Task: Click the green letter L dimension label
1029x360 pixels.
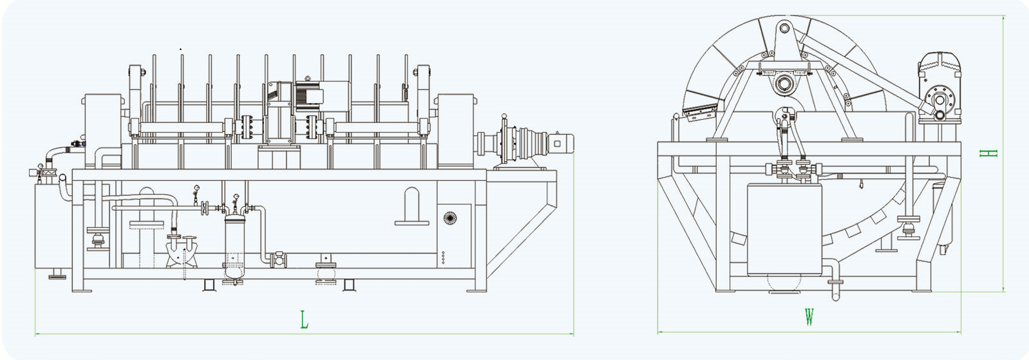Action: (304, 319)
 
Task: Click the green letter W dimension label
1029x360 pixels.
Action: (809, 317)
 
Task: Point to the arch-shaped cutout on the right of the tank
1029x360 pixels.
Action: (411, 206)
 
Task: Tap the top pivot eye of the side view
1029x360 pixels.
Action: (784, 28)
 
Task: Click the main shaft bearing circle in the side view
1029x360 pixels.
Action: (784, 82)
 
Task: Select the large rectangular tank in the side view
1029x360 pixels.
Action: (785, 229)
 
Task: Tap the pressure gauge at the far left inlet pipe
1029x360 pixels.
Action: (40, 167)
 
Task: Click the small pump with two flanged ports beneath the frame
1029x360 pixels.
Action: (182, 251)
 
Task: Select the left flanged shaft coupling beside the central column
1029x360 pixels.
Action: (245, 128)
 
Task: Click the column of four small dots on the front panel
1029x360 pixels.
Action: (443, 257)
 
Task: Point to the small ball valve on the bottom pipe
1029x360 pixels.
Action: (279, 259)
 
